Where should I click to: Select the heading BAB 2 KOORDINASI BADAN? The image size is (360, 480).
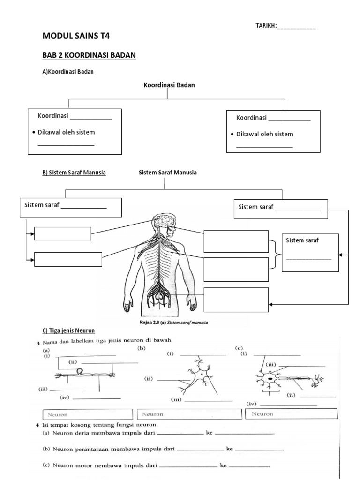click(89, 55)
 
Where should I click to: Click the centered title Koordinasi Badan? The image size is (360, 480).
click(169, 85)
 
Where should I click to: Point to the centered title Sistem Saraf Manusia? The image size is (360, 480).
click(168, 172)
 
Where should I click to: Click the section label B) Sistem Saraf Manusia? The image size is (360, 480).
click(74, 172)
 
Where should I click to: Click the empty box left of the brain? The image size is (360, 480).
click(63, 233)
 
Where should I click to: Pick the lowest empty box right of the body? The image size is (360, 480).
click(236, 300)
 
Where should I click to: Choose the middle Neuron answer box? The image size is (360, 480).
click(189, 414)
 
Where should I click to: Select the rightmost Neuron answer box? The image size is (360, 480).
click(291, 414)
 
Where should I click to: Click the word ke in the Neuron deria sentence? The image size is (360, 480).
click(210, 433)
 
